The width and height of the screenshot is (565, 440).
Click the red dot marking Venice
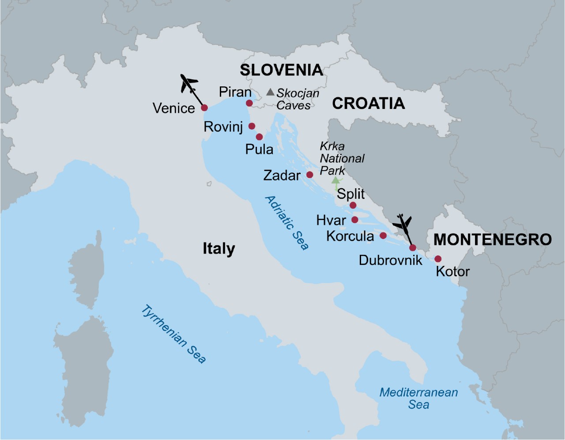[204, 108]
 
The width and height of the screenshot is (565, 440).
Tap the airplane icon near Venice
[189, 83]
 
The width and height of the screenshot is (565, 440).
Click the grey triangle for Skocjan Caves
[270, 92]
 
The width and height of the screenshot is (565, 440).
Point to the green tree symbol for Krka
[336, 181]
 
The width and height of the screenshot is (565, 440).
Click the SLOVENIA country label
[281, 70]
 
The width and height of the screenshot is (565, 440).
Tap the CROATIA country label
[368, 104]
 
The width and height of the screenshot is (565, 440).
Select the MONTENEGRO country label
[492, 239]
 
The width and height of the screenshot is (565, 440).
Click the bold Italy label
[218, 249]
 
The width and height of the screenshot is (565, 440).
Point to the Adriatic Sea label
[286, 223]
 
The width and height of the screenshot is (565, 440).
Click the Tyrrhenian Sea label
[173, 334]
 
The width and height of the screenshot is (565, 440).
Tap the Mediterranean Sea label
[418, 398]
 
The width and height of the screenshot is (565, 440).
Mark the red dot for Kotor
[438, 259]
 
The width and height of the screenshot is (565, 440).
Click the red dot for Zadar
[310, 175]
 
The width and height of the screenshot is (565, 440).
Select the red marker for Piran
[249, 103]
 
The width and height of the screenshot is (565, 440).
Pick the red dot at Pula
[260, 137]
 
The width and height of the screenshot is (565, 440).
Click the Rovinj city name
[223, 127]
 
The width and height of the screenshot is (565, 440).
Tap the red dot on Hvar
[355, 220]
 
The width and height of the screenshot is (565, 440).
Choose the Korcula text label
[350, 236]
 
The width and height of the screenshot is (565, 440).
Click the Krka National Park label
[342, 158]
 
